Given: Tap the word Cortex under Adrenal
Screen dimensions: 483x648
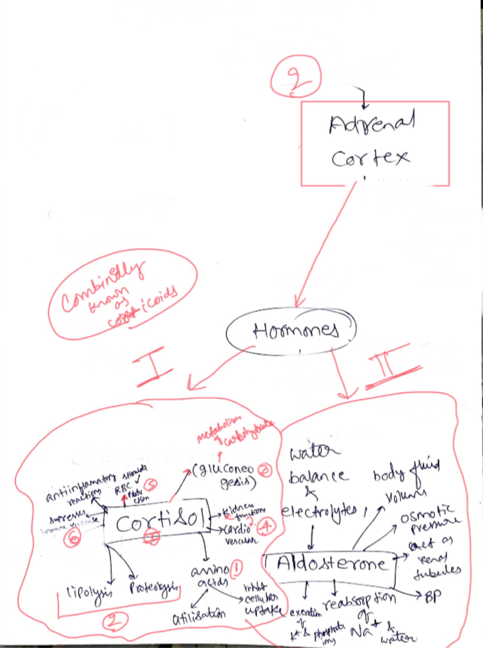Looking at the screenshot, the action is (x=370, y=158).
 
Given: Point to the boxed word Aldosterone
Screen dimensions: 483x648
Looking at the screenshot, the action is (x=331, y=564).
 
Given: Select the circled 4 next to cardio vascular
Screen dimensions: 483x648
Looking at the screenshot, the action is (x=266, y=526).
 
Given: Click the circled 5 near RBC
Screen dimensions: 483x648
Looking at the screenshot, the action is (x=150, y=484).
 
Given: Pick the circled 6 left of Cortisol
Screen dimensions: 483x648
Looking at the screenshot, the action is (x=72, y=538).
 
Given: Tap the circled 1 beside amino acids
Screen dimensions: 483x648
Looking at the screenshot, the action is (x=236, y=569).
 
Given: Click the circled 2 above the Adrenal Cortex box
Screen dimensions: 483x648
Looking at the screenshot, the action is (x=296, y=77).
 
